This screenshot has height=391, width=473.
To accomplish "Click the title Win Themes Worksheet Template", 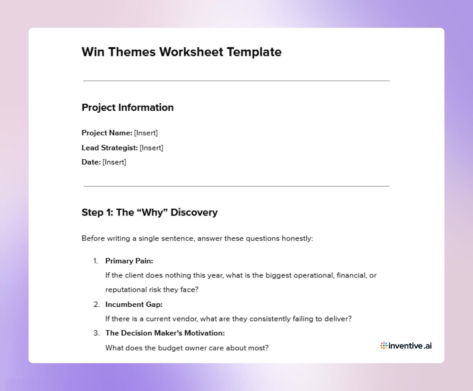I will coord(181,52).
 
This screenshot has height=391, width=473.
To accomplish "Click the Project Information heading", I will coord(127,107).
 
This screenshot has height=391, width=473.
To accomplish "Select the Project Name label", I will coord(107,133).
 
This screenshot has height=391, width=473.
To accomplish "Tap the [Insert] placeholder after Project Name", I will coord(146,133).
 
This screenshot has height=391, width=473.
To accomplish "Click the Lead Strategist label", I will coord(109,148).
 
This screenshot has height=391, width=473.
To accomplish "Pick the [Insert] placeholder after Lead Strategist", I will coord(151,148).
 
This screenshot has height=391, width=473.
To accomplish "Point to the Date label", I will coord(91,162).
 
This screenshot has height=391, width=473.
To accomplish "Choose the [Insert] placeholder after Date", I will coord(114,162).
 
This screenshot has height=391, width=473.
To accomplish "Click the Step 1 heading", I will coord(149,212).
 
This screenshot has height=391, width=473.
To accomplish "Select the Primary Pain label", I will coord(129,261).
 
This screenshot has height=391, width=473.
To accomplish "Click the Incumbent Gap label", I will coord(134,304).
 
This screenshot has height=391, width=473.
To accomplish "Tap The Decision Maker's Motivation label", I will coord(165,333).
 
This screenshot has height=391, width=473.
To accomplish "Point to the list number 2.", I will coord(96,304).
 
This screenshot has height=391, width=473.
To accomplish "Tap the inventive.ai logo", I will coord(406,346).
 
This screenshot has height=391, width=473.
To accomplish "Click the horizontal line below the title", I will coord(236,81).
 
